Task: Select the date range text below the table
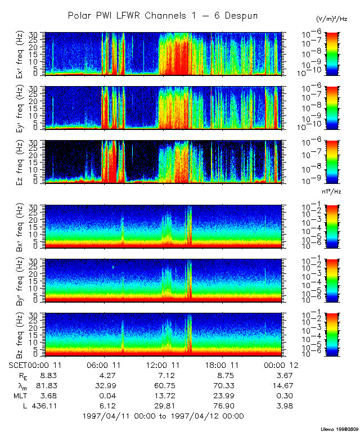click(x=163, y=416)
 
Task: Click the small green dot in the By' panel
click(x=113, y=267)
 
